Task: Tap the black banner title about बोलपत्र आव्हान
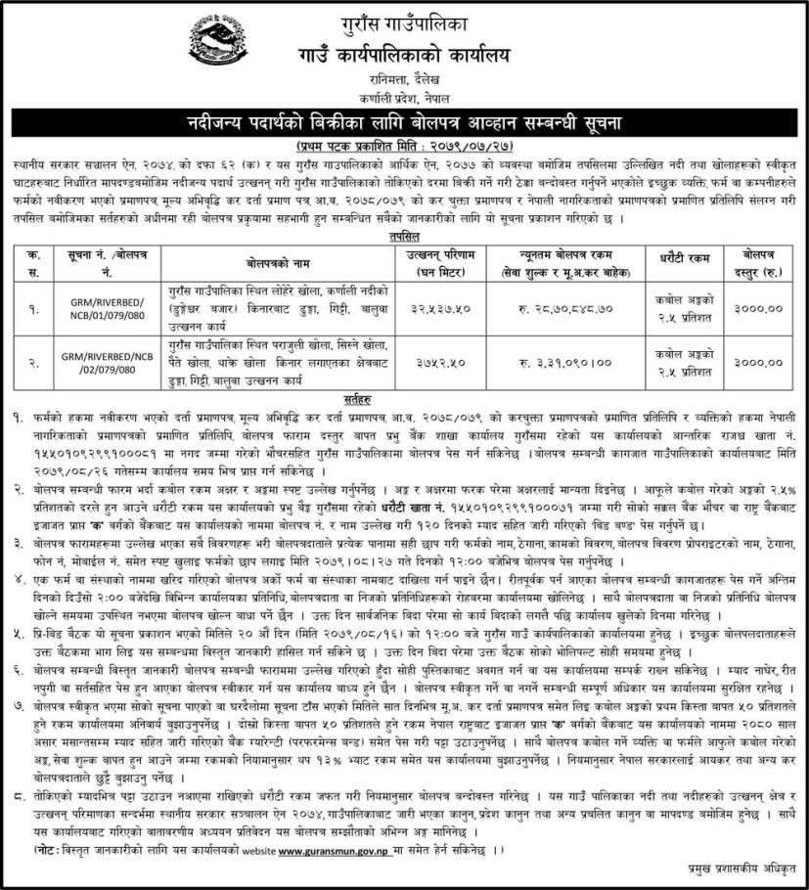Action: point(404,122)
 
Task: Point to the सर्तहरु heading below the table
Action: point(403,400)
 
